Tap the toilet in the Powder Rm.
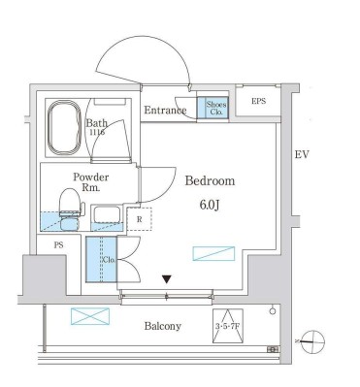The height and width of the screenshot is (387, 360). click(x=69, y=205)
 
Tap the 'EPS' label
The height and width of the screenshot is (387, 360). click(x=258, y=101)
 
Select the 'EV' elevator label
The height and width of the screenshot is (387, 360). click(x=303, y=154)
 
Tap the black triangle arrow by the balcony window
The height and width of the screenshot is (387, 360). click(x=167, y=279)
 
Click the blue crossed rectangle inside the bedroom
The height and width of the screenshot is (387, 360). click(x=213, y=254)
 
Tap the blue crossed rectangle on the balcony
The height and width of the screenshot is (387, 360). click(x=85, y=316)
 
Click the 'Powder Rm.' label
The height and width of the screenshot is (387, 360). click(x=90, y=182)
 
